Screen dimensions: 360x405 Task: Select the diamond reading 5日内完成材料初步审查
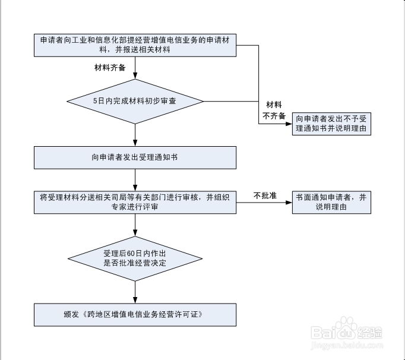135,101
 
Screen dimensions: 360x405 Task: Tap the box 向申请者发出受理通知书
135,157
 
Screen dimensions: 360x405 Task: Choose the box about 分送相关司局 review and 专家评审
135,202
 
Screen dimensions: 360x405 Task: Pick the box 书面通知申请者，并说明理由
332,202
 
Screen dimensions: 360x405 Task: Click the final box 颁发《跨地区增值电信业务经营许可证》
135,314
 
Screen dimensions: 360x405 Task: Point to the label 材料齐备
110,67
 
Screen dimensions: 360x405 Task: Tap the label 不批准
265,195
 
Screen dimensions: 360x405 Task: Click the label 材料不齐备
274,110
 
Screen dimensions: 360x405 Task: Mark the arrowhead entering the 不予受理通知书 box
289,124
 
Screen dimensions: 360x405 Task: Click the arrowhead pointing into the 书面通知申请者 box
289,202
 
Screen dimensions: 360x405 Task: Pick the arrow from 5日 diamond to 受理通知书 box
135,135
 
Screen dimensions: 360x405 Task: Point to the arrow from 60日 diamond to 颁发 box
135,292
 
